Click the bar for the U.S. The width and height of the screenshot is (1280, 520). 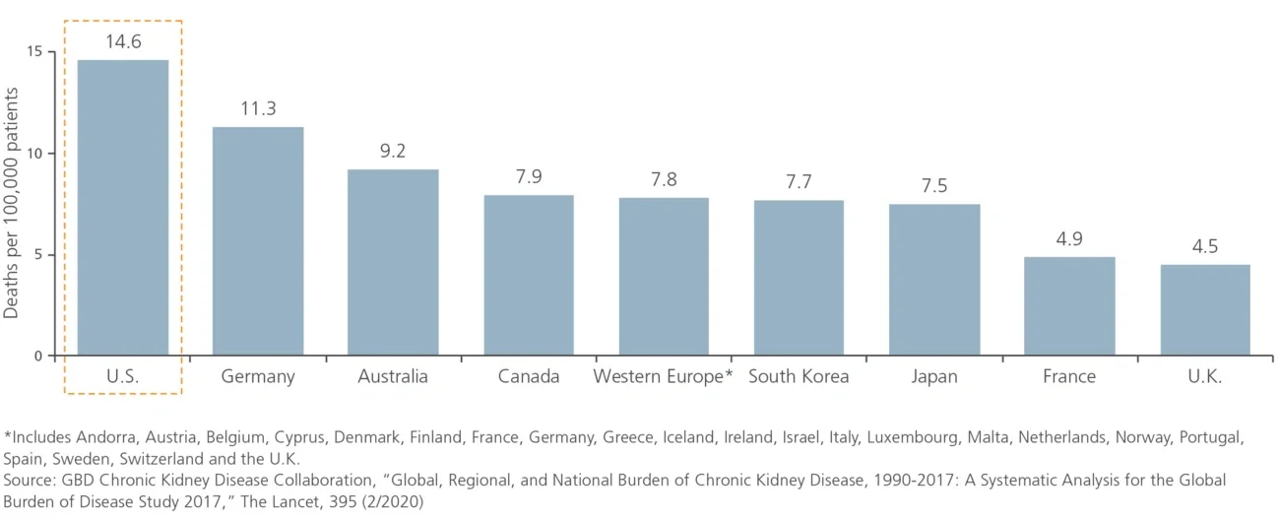(x=123, y=207)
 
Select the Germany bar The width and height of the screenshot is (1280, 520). (x=258, y=241)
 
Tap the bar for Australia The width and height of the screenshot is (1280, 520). (x=393, y=262)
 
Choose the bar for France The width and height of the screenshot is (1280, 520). (x=1069, y=305)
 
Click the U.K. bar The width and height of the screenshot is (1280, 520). (x=1205, y=309)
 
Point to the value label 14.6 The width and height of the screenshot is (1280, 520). (x=123, y=41)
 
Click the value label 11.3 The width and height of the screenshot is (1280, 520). (x=258, y=108)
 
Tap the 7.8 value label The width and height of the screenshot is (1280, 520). (x=664, y=179)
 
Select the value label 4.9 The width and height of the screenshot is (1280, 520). (x=1069, y=238)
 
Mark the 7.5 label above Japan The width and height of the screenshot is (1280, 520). (x=934, y=185)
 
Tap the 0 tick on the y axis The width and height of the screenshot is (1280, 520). (x=37, y=356)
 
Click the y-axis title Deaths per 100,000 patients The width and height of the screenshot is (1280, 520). (x=12, y=202)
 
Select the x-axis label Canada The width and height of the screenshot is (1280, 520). (x=529, y=376)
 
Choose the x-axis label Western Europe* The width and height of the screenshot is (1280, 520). (x=664, y=376)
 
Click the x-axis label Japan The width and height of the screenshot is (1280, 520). (x=934, y=376)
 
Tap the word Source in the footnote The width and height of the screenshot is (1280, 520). (x=31, y=480)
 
